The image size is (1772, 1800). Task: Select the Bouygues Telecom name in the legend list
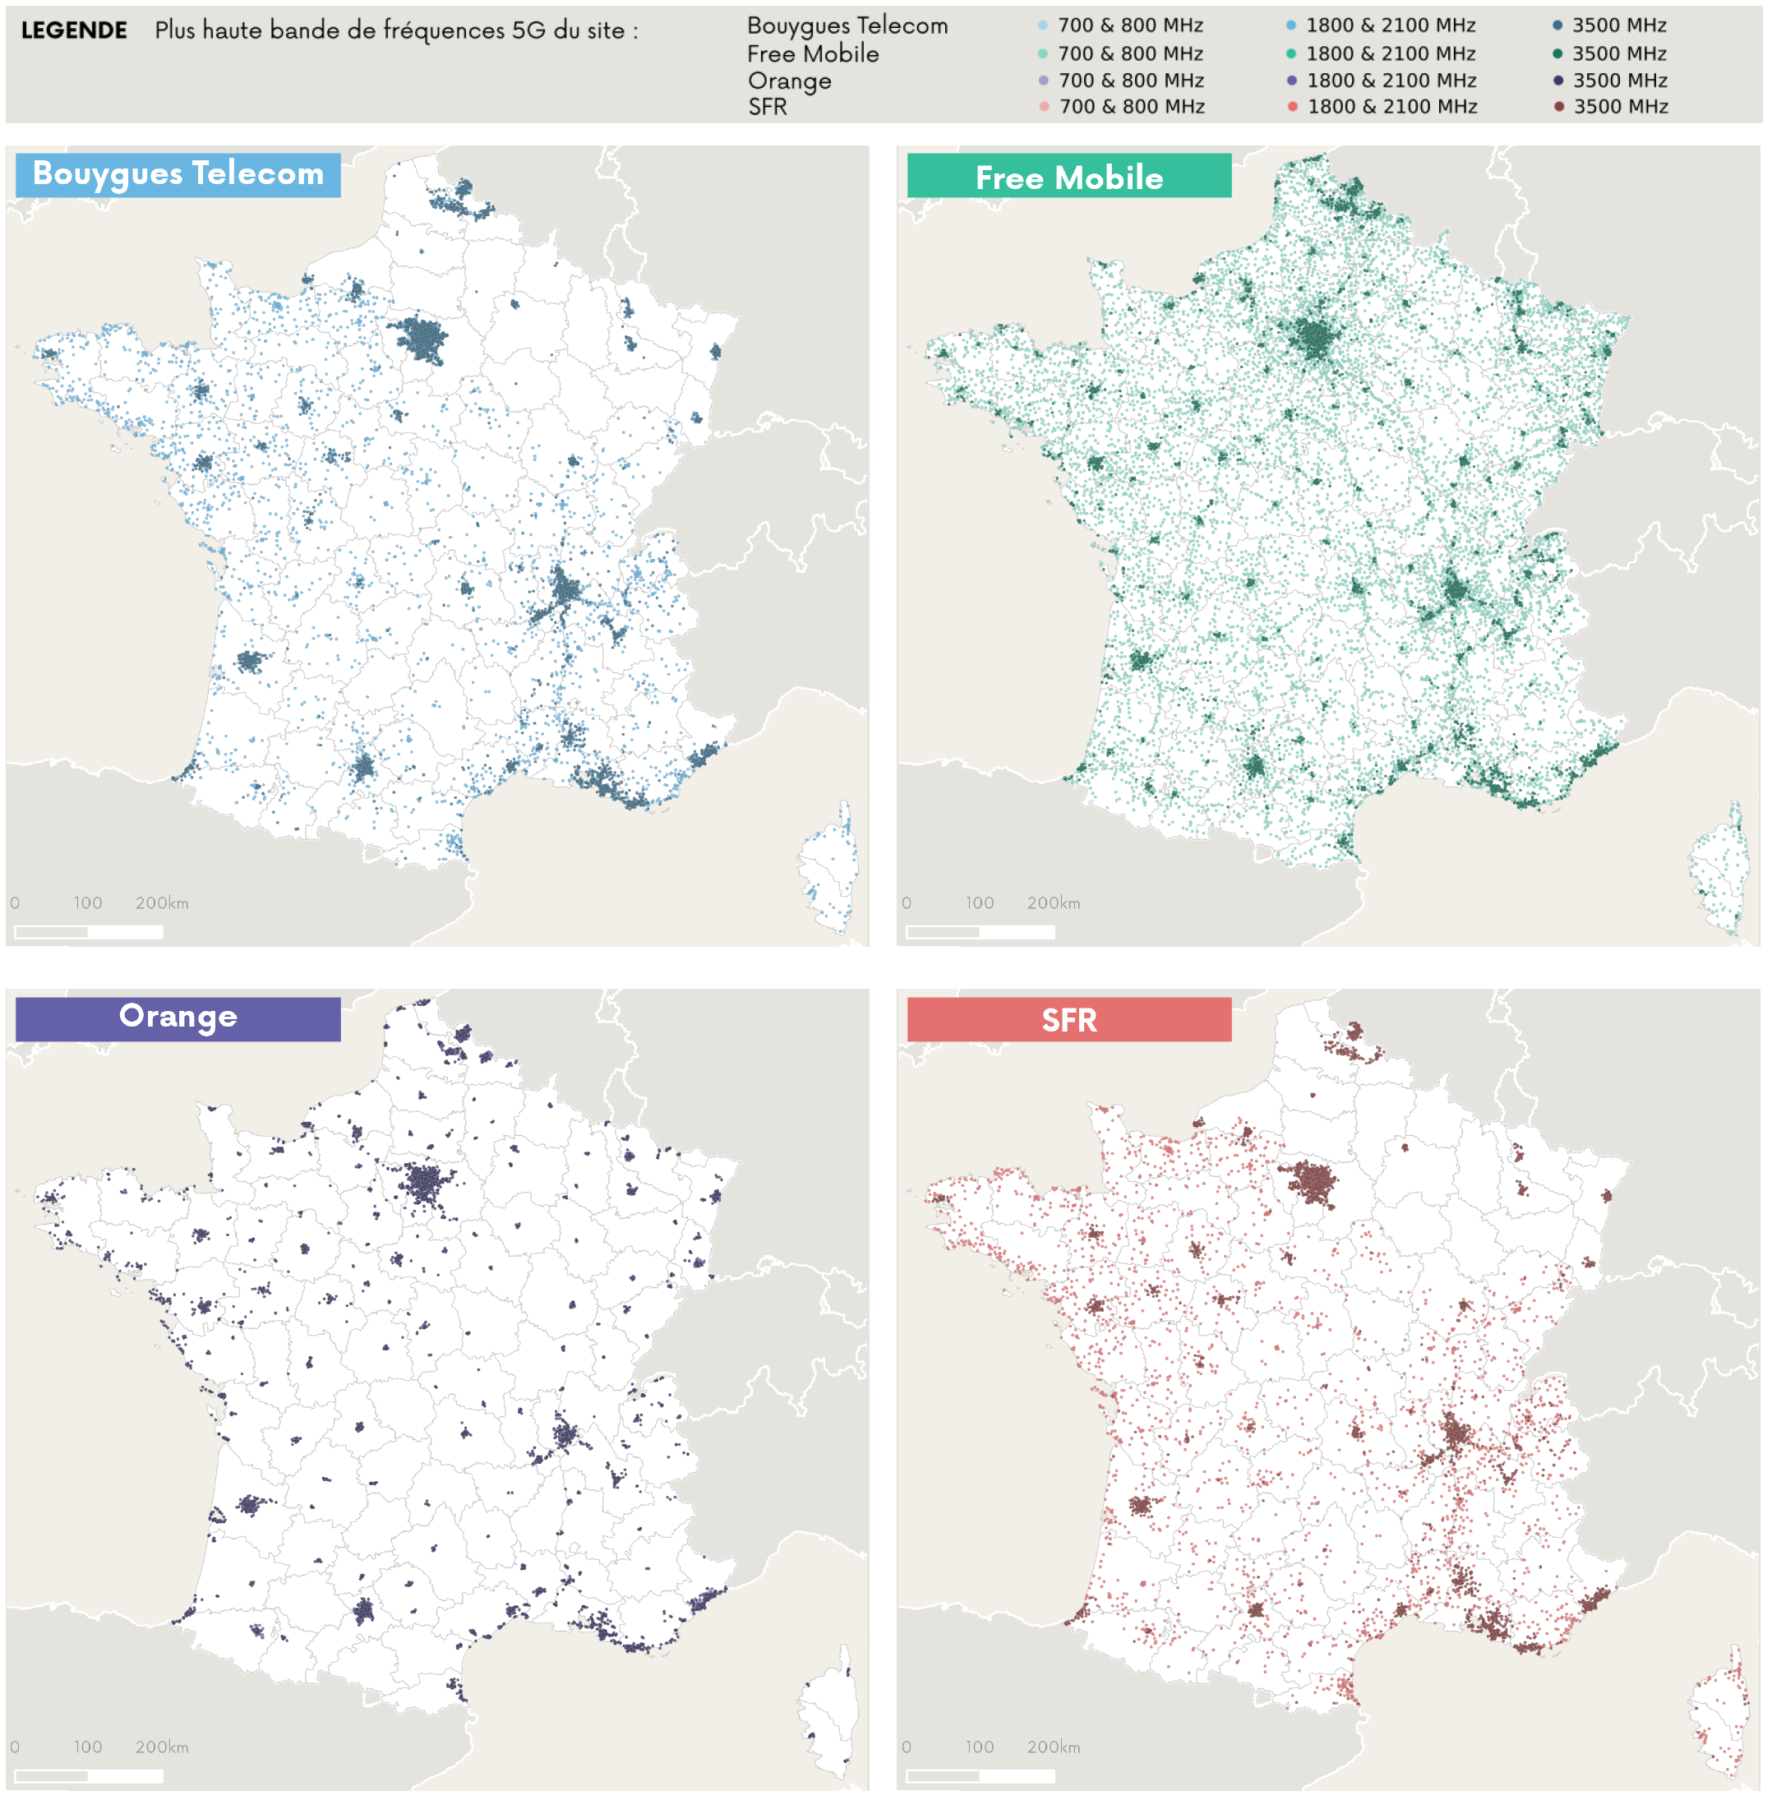(847, 26)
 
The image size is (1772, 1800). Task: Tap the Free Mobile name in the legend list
(813, 54)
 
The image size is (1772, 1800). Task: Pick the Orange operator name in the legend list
(789, 81)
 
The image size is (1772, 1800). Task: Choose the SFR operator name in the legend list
(767, 107)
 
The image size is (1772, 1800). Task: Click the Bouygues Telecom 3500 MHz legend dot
(1557, 26)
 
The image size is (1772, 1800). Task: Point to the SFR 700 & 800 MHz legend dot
(1044, 107)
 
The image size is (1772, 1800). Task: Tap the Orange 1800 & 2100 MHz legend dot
(1292, 81)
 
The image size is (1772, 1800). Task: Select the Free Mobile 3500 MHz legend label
(1619, 54)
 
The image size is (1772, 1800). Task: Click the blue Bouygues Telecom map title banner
(178, 175)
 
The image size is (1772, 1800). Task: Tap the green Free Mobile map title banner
(1068, 176)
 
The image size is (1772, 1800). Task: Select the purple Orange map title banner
(178, 1018)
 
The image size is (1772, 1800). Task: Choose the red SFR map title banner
(1068, 1019)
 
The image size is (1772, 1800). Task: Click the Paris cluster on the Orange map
(424, 1185)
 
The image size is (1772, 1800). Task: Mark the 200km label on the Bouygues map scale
(162, 902)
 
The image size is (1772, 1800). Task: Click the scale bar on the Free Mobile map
(980, 932)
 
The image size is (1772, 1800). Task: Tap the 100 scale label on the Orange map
(89, 1747)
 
